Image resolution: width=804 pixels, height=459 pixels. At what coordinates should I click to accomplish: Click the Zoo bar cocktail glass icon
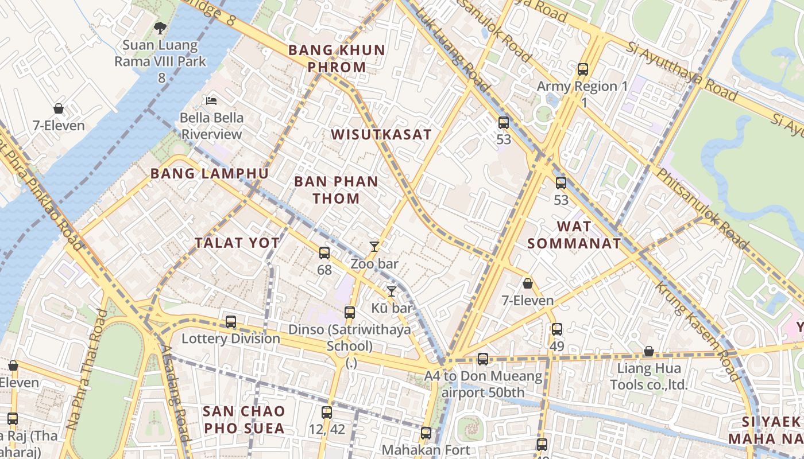point(374,247)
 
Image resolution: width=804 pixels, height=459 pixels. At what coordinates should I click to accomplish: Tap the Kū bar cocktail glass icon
point(392,291)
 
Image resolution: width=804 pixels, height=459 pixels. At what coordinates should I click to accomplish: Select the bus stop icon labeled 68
point(324,252)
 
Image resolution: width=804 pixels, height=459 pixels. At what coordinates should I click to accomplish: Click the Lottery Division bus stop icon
point(231,322)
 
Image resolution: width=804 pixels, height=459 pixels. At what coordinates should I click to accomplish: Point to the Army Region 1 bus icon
point(583,69)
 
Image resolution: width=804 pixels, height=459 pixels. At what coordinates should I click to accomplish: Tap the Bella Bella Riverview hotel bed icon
point(211,101)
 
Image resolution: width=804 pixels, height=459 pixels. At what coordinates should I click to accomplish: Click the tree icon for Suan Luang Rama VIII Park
point(160,27)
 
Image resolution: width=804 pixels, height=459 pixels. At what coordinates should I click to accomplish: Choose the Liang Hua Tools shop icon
point(649,351)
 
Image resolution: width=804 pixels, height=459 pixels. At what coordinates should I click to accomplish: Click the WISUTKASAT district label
point(381,135)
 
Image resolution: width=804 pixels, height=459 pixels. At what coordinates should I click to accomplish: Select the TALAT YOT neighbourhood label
point(237,243)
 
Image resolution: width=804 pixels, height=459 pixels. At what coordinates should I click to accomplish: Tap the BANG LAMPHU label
point(210,174)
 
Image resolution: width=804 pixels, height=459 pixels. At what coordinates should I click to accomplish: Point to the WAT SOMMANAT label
point(574,235)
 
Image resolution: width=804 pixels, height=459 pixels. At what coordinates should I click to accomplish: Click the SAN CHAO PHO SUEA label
point(244,419)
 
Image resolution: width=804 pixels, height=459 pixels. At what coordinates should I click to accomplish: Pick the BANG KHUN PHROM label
point(337,59)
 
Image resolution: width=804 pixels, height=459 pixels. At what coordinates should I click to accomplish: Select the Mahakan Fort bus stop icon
point(426,433)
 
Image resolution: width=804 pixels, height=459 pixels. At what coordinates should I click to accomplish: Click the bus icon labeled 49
point(557,329)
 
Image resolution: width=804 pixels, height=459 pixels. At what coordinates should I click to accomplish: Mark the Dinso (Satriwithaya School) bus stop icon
point(350,313)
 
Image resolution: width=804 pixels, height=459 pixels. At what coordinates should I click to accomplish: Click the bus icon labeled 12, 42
point(327,412)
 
